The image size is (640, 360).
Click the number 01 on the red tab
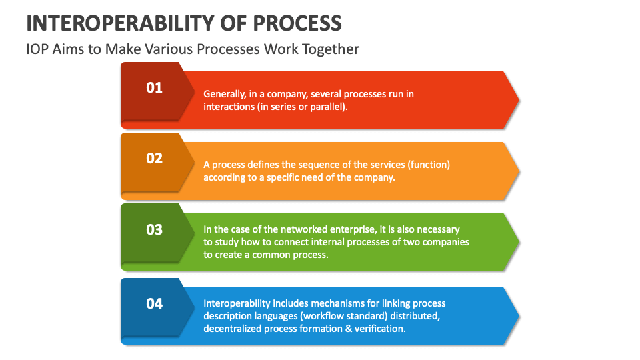coord(154,87)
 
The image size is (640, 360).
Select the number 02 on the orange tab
coord(154,158)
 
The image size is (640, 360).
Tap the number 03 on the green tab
coord(154,229)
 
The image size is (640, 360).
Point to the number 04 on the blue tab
coord(154,303)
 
